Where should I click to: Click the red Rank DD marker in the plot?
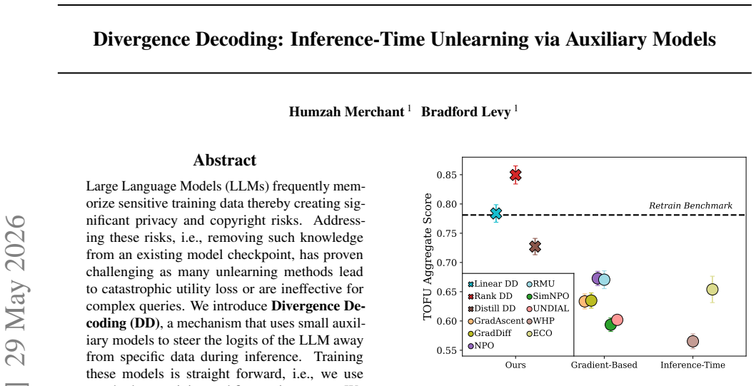(x=515, y=175)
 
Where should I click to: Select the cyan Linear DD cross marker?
(x=495, y=213)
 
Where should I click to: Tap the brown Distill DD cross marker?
(x=535, y=247)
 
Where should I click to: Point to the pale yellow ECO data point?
(x=712, y=290)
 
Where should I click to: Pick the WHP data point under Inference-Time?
(x=692, y=341)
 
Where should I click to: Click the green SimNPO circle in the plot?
(x=610, y=325)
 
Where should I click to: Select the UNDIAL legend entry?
(x=548, y=308)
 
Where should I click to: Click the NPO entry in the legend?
(x=481, y=346)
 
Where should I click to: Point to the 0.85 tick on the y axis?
(x=446, y=174)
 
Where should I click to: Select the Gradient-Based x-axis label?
(x=604, y=365)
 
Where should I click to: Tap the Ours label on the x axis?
(x=515, y=365)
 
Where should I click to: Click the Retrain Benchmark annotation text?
(x=690, y=205)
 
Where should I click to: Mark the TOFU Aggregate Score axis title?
(x=427, y=256)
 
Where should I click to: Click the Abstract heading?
(x=225, y=160)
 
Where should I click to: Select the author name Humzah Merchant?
(x=347, y=112)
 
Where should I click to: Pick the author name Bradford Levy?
(x=465, y=112)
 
